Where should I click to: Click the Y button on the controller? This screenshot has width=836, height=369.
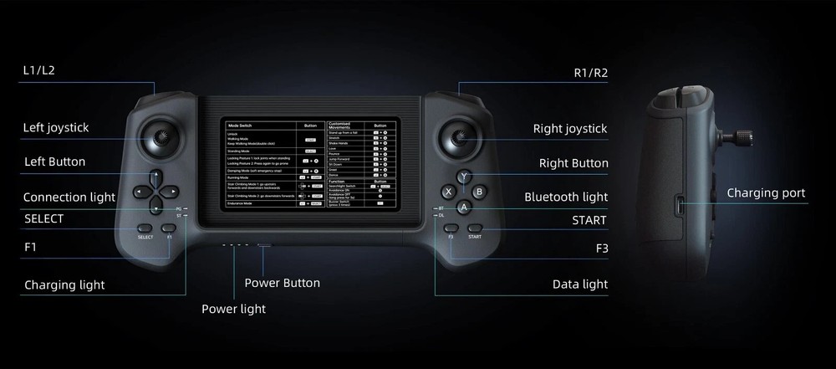[x=464, y=177]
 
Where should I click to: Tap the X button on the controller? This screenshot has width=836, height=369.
[x=449, y=192]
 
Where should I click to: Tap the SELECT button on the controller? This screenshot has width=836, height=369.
[x=145, y=228]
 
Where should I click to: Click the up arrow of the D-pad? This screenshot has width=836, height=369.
[x=156, y=177]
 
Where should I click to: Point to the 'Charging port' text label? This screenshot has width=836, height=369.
[x=766, y=193]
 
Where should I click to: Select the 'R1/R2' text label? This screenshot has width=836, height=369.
[x=590, y=73]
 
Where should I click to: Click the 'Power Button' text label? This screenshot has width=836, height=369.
[x=282, y=283]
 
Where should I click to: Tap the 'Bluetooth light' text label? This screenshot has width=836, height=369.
[x=566, y=197]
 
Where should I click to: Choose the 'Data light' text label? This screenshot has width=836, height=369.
[x=580, y=284]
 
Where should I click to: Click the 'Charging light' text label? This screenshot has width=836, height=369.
[x=64, y=284]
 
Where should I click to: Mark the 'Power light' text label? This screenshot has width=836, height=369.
[x=233, y=309]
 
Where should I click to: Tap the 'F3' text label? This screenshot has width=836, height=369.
[x=601, y=249]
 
